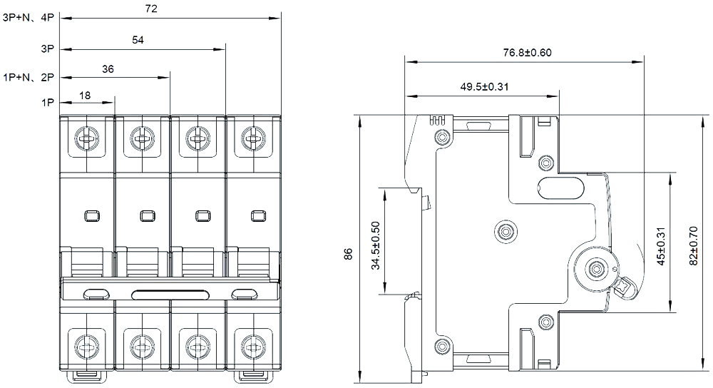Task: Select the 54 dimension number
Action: coord(138,41)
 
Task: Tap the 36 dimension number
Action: coord(108,68)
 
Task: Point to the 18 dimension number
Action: coord(84,95)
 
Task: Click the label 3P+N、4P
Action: coord(29,21)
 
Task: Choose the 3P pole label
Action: coord(48,49)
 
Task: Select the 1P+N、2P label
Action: coord(29,77)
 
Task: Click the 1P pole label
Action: coord(48,103)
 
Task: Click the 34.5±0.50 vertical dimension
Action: coord(376,245)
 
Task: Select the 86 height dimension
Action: coord(348,253)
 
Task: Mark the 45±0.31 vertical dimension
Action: coord(660,247)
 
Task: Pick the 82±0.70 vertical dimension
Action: coord(694,247)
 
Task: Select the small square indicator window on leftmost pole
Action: coord(91,215)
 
